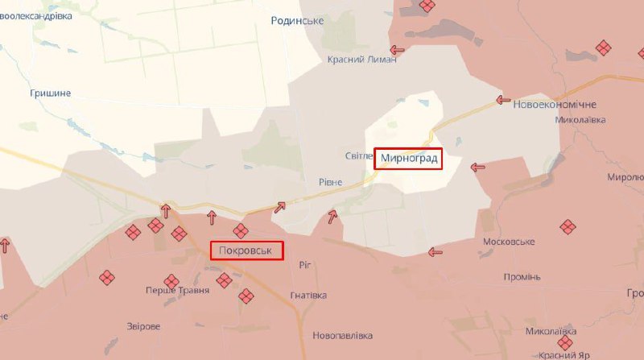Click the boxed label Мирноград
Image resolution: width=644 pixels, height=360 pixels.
tap(410, 159)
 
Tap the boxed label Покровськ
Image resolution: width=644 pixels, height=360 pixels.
tap(248, 251)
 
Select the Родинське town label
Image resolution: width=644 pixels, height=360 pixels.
tap(297, 20)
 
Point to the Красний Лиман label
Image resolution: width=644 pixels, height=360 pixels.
tap(362, 60)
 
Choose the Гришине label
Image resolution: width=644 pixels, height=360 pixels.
tap(50, 93)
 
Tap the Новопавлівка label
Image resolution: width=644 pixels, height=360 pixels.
tap(343, 335)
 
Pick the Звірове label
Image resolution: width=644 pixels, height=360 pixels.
tap(143, 326)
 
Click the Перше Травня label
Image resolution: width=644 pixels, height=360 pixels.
tap(177, 290)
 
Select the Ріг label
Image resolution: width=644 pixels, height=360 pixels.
tap(304, 264)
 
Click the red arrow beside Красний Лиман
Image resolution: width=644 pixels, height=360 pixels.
tap(397, 50)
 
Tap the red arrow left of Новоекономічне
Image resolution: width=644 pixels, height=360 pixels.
tap(503, 101)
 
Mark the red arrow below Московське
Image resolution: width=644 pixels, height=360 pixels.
tap(436, 252)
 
